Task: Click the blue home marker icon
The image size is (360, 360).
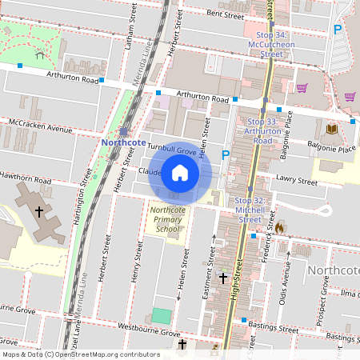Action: [x=180, y=173]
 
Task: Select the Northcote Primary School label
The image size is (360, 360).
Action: [x=167, y=219]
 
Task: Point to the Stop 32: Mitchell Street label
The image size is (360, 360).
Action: [x=249, y=210]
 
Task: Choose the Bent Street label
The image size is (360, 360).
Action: [x=224, y=14]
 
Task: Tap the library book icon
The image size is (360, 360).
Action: [x=331, y=128]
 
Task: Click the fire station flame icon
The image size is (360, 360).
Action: [x=279, y=227]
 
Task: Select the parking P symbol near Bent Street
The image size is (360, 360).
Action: [x=337, y=29]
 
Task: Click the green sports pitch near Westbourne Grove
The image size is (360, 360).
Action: [x=162, y=316]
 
